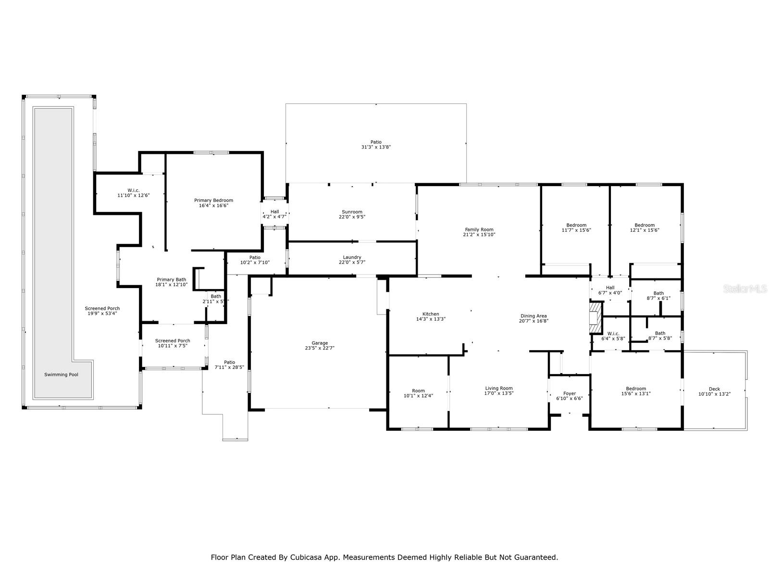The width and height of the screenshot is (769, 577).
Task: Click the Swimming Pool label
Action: click(x=61, y=375)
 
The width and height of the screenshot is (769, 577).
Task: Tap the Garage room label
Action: click(x=319, y=343)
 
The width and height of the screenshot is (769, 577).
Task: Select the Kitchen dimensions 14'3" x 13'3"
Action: click(x=431, y=319)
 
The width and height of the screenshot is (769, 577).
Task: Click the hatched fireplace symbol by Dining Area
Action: click(x=595, y=317)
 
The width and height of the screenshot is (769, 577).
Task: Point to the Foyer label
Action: click(x=570, y=393)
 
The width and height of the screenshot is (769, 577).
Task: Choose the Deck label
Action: click(x=714, y=389)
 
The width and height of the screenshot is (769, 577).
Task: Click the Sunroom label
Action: click(x=352, y=212)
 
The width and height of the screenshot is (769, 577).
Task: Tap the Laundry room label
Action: click(x=352, y=257)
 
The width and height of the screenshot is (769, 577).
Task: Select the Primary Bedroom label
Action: click(x=213, y=200)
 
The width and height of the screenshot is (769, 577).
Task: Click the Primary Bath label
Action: click(x=171, y=279)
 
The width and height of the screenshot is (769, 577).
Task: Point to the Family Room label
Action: click(x=479, y=229)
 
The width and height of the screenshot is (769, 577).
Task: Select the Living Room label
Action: click(x=499, y=388)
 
